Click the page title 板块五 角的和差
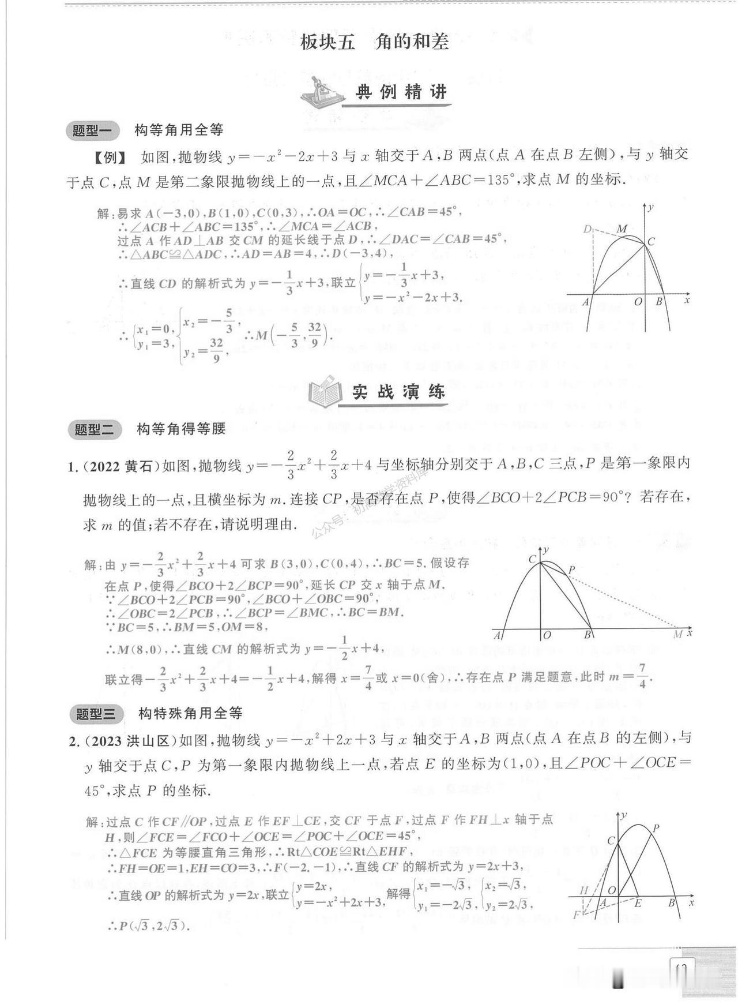pos(374,42)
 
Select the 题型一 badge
pos(92,130)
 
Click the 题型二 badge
pos(95,429)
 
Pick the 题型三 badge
pos(96,714)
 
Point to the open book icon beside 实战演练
pos(326,393)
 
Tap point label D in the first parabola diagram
pos(587,230)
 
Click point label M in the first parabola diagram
pos(622,229)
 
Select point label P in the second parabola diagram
pos(571,570)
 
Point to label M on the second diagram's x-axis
pos(678,634)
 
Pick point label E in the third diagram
pos(638,904)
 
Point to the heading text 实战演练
pos(398,392)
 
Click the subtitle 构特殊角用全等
pos(190,714)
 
